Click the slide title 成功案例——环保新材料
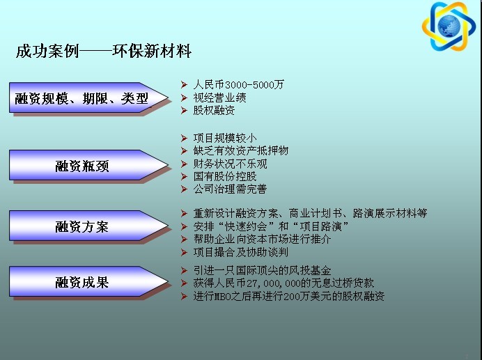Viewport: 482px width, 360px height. tap(104, 51)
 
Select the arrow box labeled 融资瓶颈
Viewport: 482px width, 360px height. tap(89, 165)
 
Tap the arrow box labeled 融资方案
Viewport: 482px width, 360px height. tap(89, 226)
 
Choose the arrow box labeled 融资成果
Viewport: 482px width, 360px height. tap(89, 281)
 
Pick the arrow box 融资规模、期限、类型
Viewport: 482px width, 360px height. tap(89, 97)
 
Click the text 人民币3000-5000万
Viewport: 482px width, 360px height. tap(238, 84)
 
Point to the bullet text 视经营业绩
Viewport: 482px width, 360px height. tap(219, 97)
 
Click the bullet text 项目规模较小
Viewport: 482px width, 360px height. tap(225, 138)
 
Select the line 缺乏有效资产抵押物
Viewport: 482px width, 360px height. tap(241, 150)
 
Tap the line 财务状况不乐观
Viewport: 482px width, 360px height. tap(231, 164)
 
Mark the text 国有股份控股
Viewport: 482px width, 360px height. tap(225, 176)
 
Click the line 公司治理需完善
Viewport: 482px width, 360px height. tap(230, 189)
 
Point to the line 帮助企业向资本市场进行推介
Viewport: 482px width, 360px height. tap(262, 239)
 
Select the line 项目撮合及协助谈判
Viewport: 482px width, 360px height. tap(241, 252)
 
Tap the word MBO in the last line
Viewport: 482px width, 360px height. tap(218, 297)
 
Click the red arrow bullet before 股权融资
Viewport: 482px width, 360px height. tap(184, 110)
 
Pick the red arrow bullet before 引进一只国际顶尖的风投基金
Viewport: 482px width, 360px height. tap(184, 271)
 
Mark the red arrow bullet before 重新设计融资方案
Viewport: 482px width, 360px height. tap(184, 213)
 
